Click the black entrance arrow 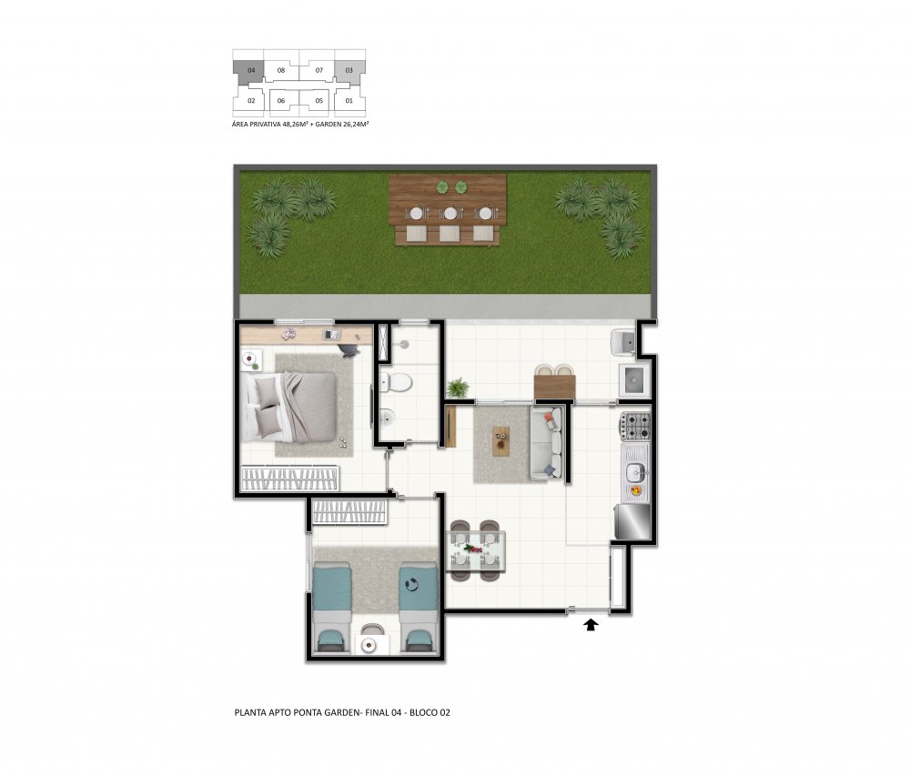pos(591,625)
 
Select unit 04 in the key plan pos(251,71)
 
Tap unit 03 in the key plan pos(349,71)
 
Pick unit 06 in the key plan pos(281,101)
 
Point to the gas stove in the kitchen pos(635,426)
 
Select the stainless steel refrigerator pos(633,521)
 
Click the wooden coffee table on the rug pos(500,441)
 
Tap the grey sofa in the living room pos(546,442)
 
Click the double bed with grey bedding pos(289,407)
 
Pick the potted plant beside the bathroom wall pos(458,388)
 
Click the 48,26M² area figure pos(295,124)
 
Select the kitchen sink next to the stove pos(635,473)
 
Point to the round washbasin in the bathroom pos(387,417)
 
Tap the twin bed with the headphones pos(418,609)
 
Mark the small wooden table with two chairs pos(554,385)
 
